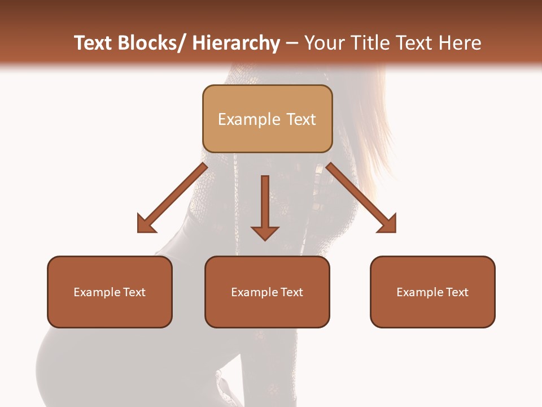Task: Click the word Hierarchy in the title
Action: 236,43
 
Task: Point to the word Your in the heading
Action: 323,43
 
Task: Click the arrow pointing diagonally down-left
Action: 170,199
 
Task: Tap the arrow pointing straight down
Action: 265,206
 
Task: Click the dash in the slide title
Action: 292,44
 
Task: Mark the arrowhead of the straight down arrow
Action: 265,233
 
